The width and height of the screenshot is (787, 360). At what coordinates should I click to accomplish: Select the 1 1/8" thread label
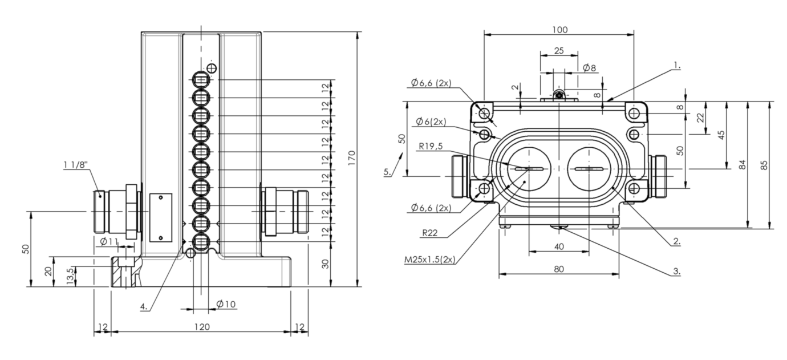[75, 164]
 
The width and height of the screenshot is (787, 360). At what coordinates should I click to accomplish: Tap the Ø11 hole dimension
[109, 241]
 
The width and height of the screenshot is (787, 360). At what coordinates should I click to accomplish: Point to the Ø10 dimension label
[226, 304]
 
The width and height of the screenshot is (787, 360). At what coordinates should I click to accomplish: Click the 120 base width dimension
[202, 327]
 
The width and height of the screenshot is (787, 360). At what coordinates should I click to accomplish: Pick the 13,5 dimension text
[70, 276]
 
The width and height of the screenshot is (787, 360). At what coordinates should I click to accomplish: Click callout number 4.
[144, 306]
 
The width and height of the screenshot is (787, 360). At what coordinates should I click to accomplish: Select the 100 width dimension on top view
[559, 30]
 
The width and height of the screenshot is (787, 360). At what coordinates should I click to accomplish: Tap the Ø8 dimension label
[590, 68]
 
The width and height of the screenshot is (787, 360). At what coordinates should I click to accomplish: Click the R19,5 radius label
[431, 146]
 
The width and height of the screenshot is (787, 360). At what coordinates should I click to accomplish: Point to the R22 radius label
[429, 233]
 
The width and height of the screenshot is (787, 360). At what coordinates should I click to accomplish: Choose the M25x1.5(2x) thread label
[429, 260]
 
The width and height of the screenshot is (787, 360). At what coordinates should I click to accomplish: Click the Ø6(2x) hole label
[431, 122]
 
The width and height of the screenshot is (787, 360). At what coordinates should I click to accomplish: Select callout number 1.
[677, 66]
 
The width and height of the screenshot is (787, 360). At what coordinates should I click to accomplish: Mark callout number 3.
[677, 272]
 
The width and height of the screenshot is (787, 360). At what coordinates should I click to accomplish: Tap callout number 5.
[387, 172]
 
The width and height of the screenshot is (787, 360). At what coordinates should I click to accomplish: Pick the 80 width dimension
[559, 269]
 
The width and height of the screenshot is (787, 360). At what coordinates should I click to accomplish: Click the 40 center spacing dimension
[559, 247]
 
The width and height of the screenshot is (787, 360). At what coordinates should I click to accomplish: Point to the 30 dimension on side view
[326, 264]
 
